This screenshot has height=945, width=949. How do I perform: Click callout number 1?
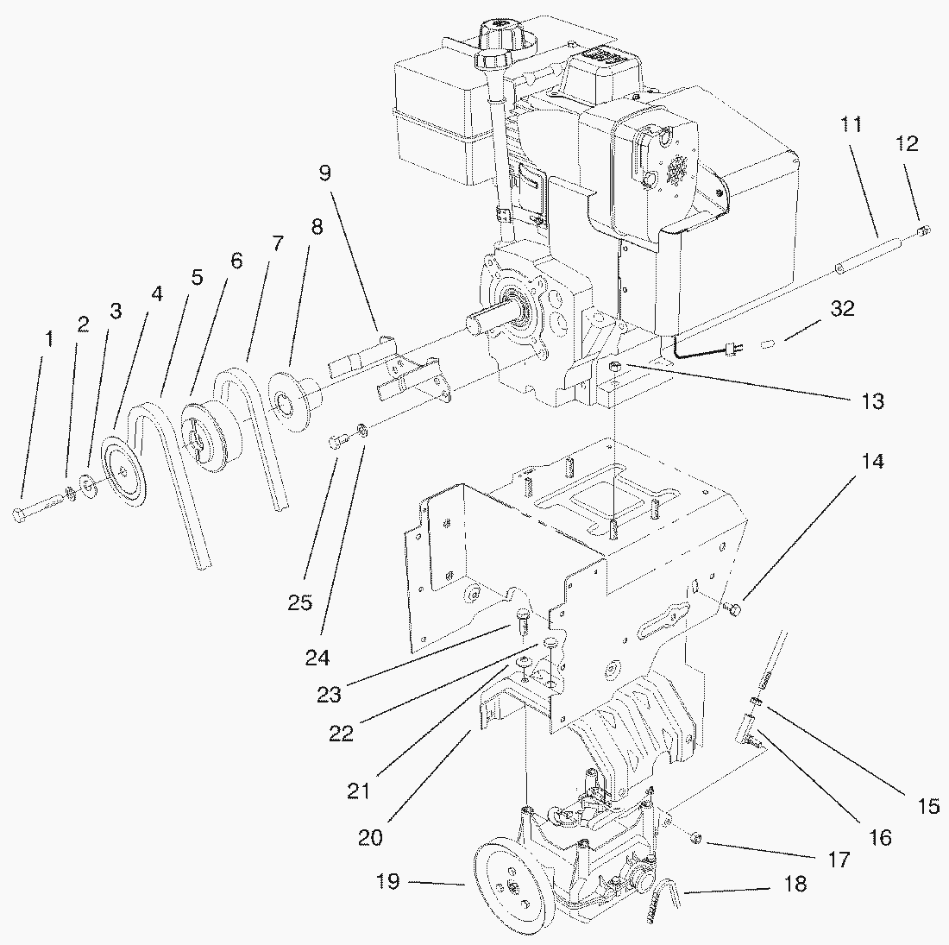[x=49, y=339]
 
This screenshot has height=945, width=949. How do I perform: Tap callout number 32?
[x=842, y=308]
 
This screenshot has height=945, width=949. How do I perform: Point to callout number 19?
[x=387, y=882]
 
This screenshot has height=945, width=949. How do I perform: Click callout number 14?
[x=872, y=462]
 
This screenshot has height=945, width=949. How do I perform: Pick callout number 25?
[x=299, y=602]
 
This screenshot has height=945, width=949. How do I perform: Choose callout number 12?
[x=907, y=144]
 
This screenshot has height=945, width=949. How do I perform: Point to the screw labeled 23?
[x=523, y=617]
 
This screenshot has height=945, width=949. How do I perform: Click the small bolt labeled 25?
[x=338, y=444]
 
